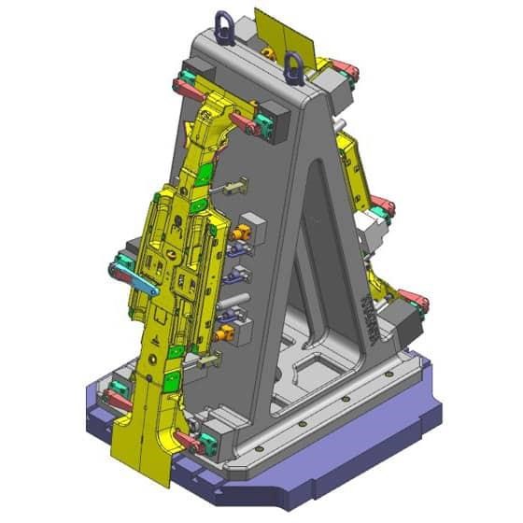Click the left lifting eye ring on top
(x=224, y=25)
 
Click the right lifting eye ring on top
(x=294, y=64)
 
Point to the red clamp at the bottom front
(x=188, y=440)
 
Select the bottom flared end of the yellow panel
(x=140, y=448)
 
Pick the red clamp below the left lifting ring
(x=245, y=122)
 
